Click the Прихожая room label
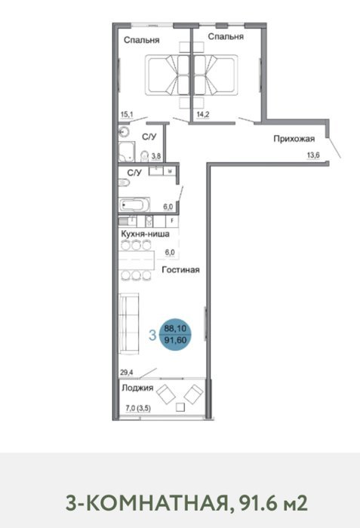point(294,139)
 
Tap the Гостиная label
point(180,270)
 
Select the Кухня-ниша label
point(145,234)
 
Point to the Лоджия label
point(137,388)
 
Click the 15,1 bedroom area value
point(127,115)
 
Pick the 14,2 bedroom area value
point(203,115)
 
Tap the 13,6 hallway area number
point(313,155)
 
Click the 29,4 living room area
point(127,373)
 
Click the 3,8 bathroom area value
point(156,156)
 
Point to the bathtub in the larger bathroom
point(134,204)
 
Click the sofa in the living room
point(129,324)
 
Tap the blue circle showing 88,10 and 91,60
point(175,334)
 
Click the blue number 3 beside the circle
point(152,335)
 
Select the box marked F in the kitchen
point(172,221)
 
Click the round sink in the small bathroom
point(123,132)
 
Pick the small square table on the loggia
point(180,407)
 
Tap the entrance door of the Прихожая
point(334,148)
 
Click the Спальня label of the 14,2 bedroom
point(226,36)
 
